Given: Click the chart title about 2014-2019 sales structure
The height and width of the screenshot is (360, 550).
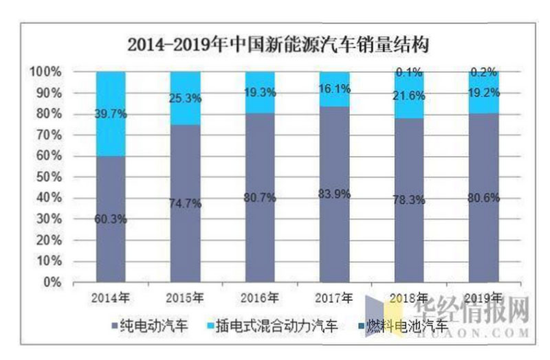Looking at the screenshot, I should click(278, 46).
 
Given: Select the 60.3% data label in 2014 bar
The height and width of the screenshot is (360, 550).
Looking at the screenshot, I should click(111, 221).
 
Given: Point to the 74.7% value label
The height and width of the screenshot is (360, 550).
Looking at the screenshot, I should click(185, 203).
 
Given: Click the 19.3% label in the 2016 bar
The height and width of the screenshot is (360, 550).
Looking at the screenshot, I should click(259, 91).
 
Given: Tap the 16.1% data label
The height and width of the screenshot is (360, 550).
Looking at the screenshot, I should click(333, 88).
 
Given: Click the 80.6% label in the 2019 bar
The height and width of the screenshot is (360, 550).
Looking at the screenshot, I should click(482, 199).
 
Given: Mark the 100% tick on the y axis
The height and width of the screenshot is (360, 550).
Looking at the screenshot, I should click(45, 71).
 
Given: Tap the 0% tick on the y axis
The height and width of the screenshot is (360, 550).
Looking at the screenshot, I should click(52, 282).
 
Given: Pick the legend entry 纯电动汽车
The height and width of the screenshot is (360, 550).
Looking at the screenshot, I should click(148, 326).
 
